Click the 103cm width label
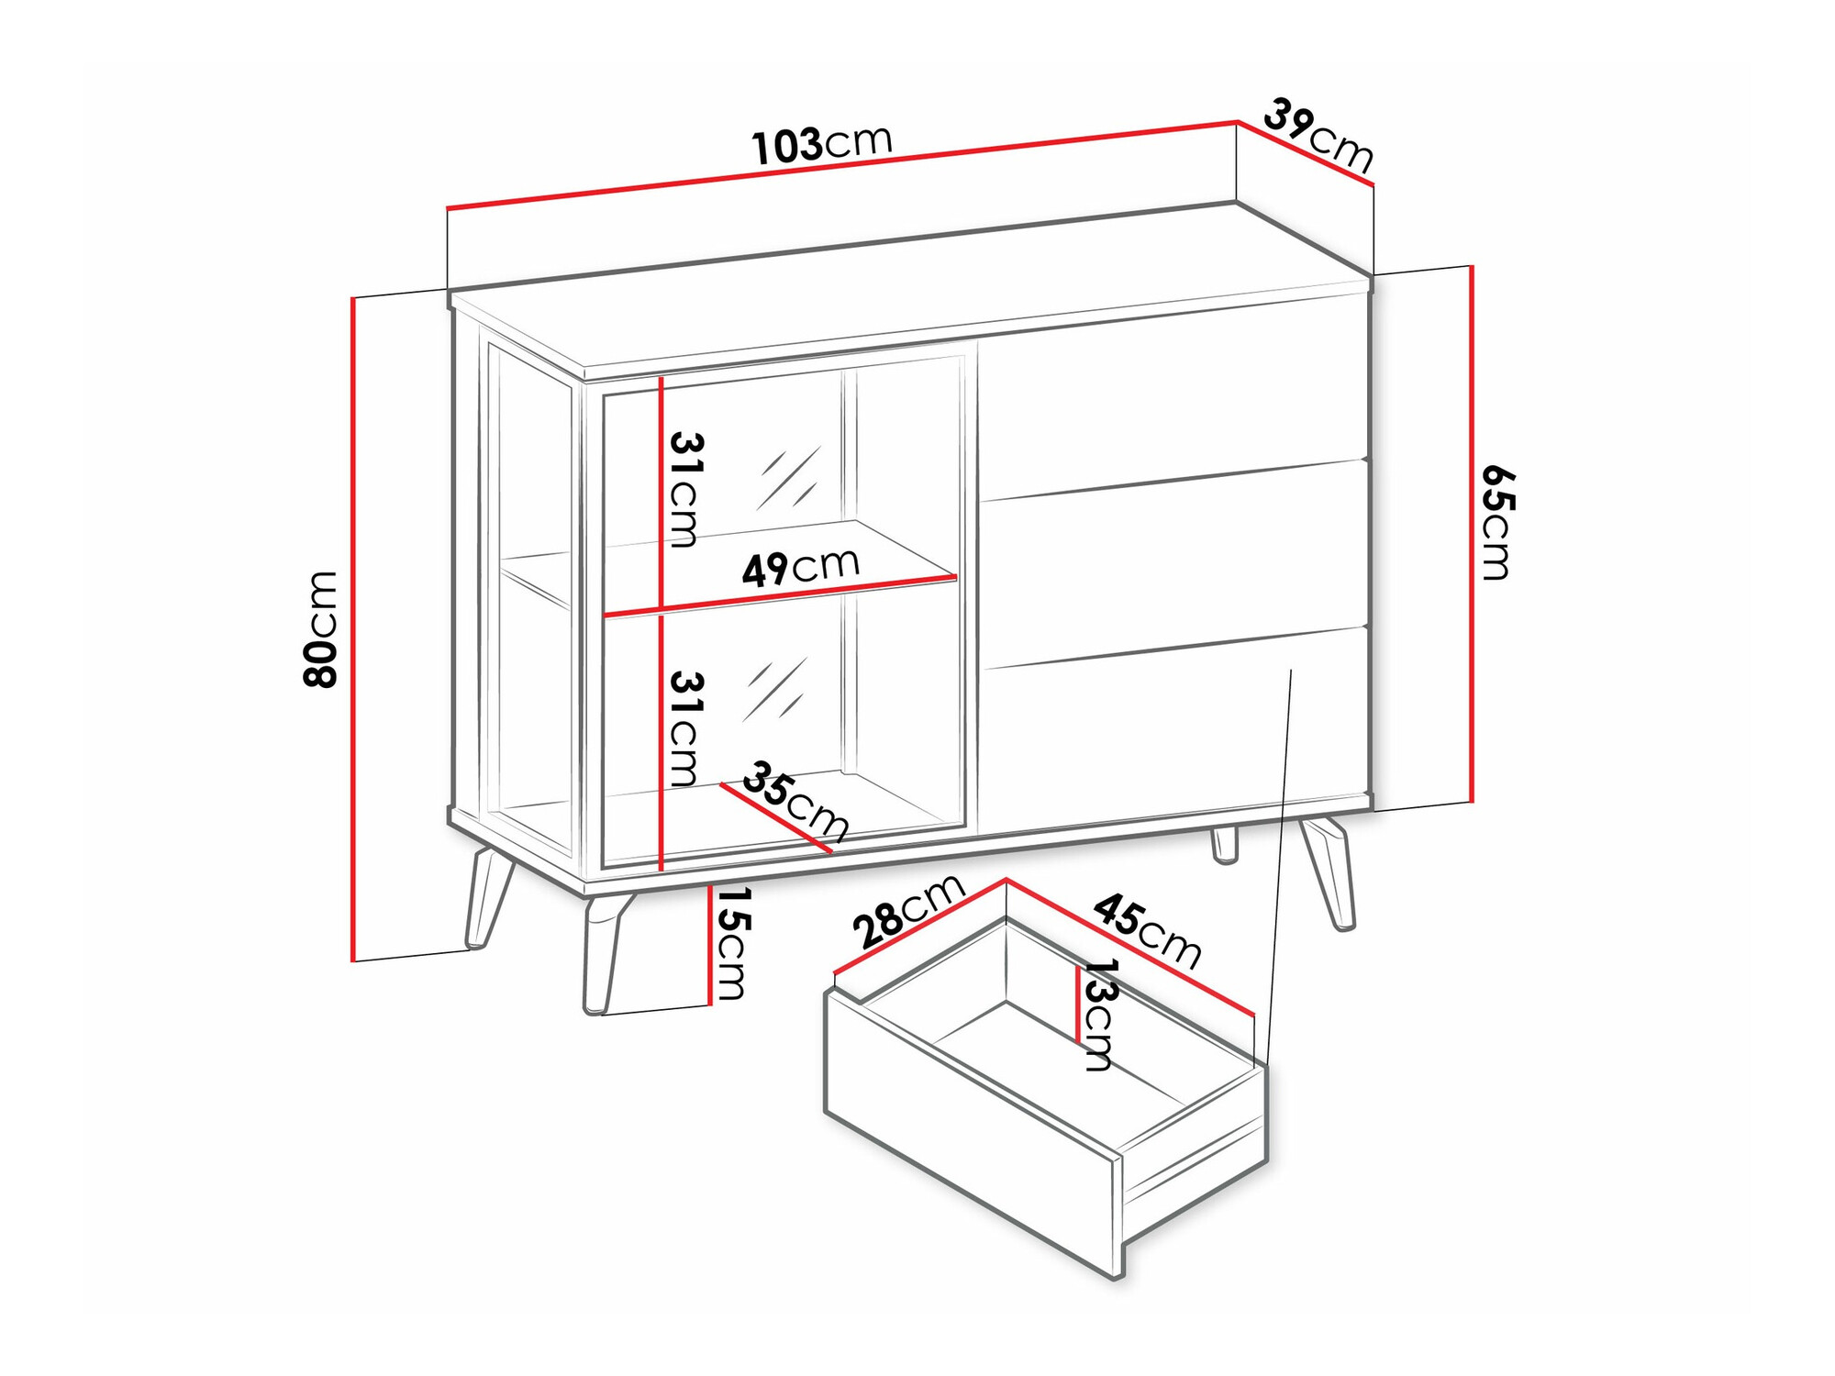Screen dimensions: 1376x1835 point(821,144)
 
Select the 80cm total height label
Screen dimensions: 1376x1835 point(321,629)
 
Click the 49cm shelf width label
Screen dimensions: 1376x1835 point(800,568)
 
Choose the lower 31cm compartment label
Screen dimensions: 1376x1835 point(685,728)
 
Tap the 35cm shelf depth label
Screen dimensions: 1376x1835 point(795,801)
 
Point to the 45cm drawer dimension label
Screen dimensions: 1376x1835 point(1147,930)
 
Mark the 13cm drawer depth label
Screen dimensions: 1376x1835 point(1098,1015)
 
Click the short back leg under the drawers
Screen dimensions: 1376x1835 point(1224,845)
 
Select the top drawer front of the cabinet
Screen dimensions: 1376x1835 point(1174,404)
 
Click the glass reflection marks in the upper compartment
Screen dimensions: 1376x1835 point(788,478)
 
